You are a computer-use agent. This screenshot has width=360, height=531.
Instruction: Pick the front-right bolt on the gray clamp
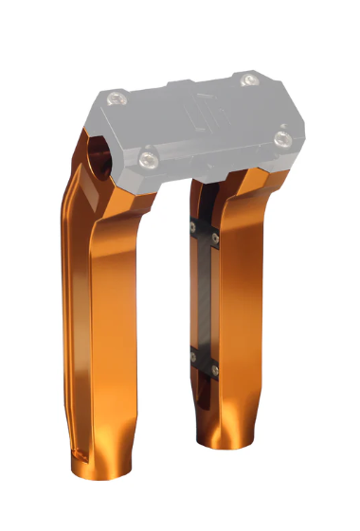[x=281, y=138]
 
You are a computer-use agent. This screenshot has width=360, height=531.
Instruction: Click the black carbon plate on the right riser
[x=207, y=293]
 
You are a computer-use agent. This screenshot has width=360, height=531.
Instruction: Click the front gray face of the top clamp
[x=218, y=161]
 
